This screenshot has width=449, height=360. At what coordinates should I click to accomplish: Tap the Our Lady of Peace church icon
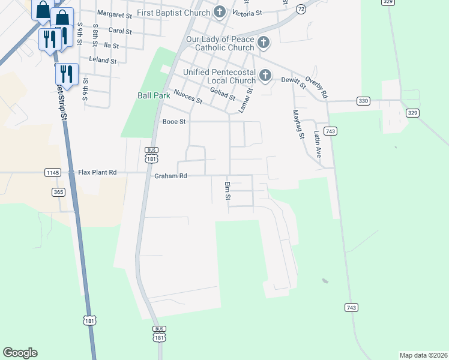pos(264,43)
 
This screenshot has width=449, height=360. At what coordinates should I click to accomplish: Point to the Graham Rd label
pos(171,176)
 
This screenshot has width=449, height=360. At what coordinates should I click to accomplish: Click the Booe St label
pos(175,121)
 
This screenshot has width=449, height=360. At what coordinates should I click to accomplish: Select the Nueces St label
pos(188,97)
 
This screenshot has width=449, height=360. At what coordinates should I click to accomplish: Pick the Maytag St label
pos(295,124)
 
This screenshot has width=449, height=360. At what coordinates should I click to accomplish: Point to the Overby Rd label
pos(316,87)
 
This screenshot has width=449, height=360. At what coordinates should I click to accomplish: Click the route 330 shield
pos(363,101)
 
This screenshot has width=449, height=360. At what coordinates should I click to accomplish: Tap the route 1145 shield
pos(53,173)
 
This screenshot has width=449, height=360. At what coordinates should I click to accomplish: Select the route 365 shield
pos(58,192)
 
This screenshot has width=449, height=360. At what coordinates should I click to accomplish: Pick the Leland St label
pos(102,61)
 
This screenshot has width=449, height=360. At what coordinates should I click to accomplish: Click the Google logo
pos(20,353)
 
